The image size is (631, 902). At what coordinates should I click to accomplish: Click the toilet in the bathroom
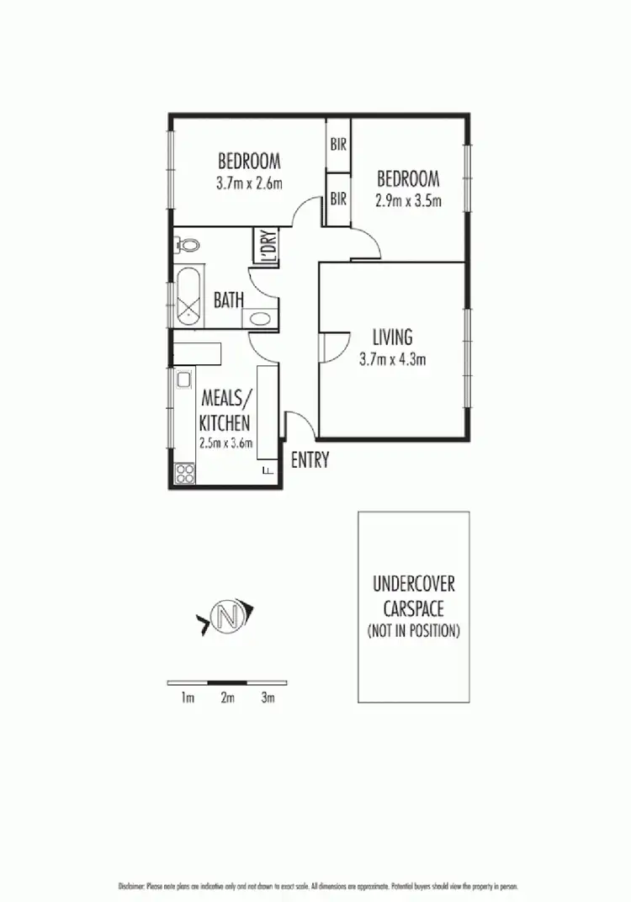coord(188,246)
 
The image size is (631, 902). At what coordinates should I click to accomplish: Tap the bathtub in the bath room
coord(188,298)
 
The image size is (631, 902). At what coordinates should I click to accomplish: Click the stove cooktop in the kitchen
coord(184,473)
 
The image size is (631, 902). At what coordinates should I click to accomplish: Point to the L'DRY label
coord(268,249)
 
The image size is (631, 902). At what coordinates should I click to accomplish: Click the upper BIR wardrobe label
coord(339,145)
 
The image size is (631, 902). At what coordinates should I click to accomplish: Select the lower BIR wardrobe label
coord(339,199)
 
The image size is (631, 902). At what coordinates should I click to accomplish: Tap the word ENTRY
coord(310,460)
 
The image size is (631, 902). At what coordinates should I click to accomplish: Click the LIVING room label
coord(392,337)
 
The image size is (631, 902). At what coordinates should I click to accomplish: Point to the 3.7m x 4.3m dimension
coord(392,359)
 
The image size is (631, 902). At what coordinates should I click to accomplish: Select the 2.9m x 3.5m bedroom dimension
coord(408,200)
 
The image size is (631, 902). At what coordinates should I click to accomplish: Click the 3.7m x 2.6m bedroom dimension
coord(249,182)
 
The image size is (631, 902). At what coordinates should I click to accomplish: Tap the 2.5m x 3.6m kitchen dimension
coord(225,443)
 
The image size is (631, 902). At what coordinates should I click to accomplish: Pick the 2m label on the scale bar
coord(227,698)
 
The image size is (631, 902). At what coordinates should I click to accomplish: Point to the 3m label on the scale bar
coord(268,698)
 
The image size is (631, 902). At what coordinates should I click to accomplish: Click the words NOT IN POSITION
coord(413,630)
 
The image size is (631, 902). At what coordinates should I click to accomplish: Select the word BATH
coord(229,300)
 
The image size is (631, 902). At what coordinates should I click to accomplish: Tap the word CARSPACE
coord(413,608)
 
